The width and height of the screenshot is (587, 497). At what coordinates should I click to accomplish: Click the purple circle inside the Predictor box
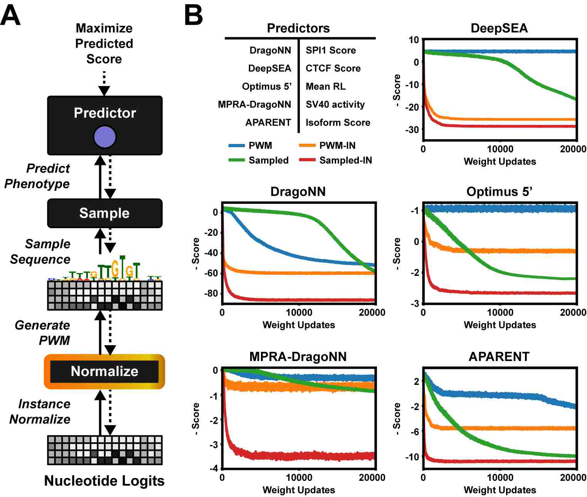pyautogui.click(x=104, y=137)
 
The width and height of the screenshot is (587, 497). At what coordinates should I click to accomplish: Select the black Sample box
pyautogui.click(x=105, y=213)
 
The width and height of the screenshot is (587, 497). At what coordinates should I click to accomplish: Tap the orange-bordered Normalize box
pyautogui.click(x=104, y=371)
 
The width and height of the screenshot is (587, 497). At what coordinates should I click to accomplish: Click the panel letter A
pyautogui.click(x=10, y=16)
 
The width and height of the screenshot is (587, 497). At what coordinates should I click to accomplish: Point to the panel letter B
pyautogui.click(x=193, y=16)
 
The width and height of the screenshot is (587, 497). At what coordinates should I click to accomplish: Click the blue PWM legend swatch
pyautogui.click(x=237, y=145)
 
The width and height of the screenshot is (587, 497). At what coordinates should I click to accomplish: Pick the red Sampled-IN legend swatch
pyautogui.click(x=307, y=160)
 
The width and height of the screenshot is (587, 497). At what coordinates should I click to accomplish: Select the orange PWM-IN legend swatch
pyautogui.click(x=307, y=145)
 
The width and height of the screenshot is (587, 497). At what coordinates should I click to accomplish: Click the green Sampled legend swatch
pyautogui.click(x=237, y=160)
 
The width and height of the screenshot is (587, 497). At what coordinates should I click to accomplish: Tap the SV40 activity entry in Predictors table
pyautogui.click(x=335, y=104)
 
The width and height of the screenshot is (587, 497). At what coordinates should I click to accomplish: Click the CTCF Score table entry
pyautogui.click(x=333, y=68)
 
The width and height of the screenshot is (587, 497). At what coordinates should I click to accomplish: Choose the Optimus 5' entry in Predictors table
pyautogui.click(x=267, y=86)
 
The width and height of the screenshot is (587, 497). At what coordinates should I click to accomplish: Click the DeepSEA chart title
pyautogui.click(x=499, y=28)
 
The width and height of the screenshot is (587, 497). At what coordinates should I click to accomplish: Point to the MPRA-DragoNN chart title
pyautogui.click(x=298, y=356)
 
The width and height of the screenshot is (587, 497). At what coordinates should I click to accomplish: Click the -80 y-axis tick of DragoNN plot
pyautogui.click(x=211, y=293)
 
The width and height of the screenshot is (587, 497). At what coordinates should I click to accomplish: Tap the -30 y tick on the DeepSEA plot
pyautogui.click(x=412, y=130)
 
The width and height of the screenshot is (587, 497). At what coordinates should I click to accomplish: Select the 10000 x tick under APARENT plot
pyautogui.click(x=500, y=478)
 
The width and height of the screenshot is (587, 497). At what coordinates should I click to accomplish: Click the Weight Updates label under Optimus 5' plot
pyautogui.click(x=500, y=325)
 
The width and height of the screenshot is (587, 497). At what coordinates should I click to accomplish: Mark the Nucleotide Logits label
pyautogui.click(x=104, y=481)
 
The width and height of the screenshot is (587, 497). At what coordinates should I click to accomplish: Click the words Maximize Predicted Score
pyautogui.click(x=104, y=44)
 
